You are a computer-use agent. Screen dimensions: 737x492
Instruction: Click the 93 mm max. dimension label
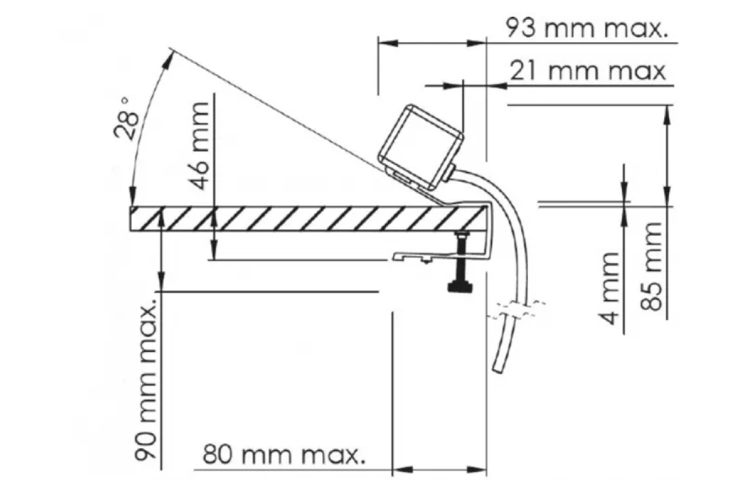tap(587, 28)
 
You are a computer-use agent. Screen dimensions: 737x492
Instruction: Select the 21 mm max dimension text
tap(588, 71)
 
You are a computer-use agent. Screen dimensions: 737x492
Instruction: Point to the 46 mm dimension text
tap(200, 146)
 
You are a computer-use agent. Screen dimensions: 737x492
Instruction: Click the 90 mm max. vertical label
tap(145, 379)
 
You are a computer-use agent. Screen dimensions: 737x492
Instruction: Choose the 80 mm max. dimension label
tap(284, 454)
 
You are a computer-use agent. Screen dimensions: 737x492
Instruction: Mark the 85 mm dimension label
tap(650, 266)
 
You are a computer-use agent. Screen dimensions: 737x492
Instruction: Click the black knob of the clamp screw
tap(460, 287)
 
